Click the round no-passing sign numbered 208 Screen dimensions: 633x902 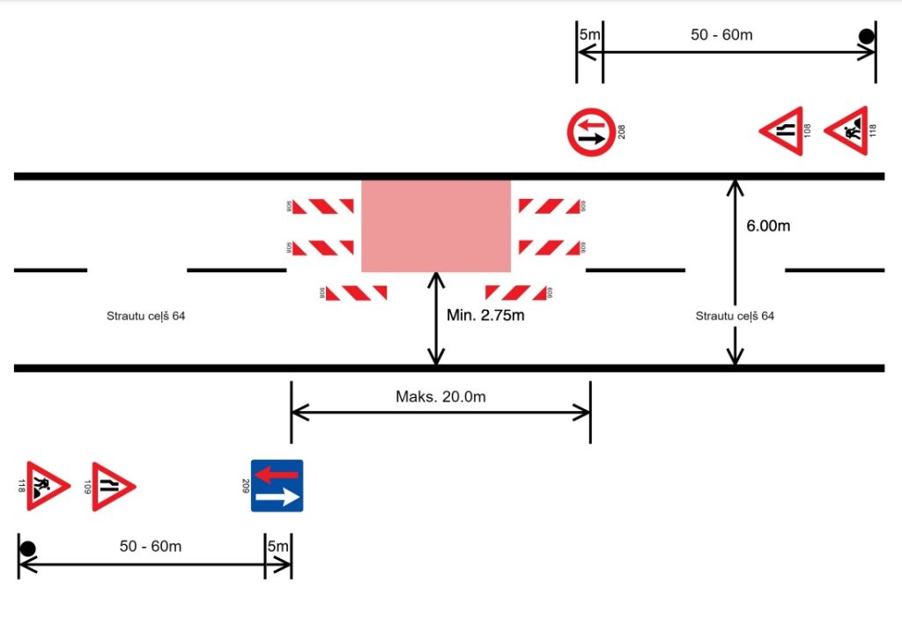(590, 132)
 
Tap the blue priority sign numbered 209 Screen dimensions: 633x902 (277, 485)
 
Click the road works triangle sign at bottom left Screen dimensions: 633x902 (45, 485)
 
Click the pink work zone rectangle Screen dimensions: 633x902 (436, 225)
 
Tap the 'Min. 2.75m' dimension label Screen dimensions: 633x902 (485, 315)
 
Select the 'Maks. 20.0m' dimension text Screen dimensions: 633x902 (440, 397)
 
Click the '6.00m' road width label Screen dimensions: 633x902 (768, 226)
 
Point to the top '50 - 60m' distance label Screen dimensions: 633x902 (722, 35)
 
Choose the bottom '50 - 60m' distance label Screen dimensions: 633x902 (151, 546)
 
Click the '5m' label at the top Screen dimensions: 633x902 (589, 34)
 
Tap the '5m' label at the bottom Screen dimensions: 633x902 (277, 547)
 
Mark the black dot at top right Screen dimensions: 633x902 (867, 36)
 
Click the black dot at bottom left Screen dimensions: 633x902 (27, 548)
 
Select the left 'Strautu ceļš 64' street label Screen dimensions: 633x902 (145, 315)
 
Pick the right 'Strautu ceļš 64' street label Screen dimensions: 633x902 (735, 315)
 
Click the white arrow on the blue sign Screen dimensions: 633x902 (277, 498)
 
